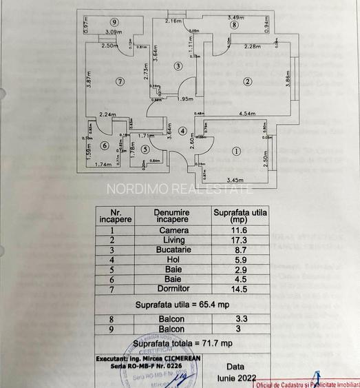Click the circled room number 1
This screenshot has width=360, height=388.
coord(235,151)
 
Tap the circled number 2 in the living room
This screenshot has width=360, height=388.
coord(246,81)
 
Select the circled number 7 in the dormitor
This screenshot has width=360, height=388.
coord(120,81)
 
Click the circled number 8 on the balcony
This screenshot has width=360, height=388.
coord(234,25)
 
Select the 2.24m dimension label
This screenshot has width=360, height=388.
coord(107,114)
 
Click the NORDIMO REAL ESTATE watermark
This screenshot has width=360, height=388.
coord(179,188)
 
